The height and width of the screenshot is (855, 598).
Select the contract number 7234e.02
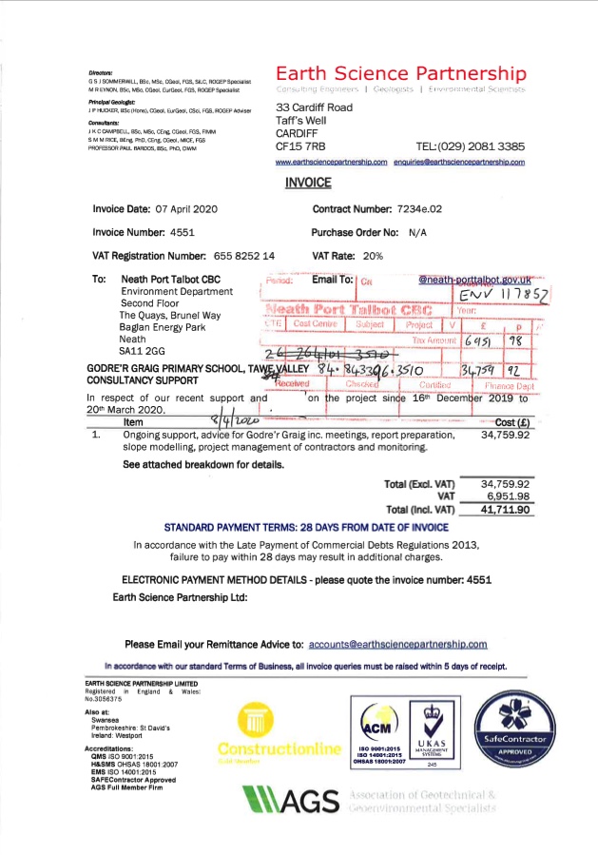coord(427,208)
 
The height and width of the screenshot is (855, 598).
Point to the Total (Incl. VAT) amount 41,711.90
coord(504,511)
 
